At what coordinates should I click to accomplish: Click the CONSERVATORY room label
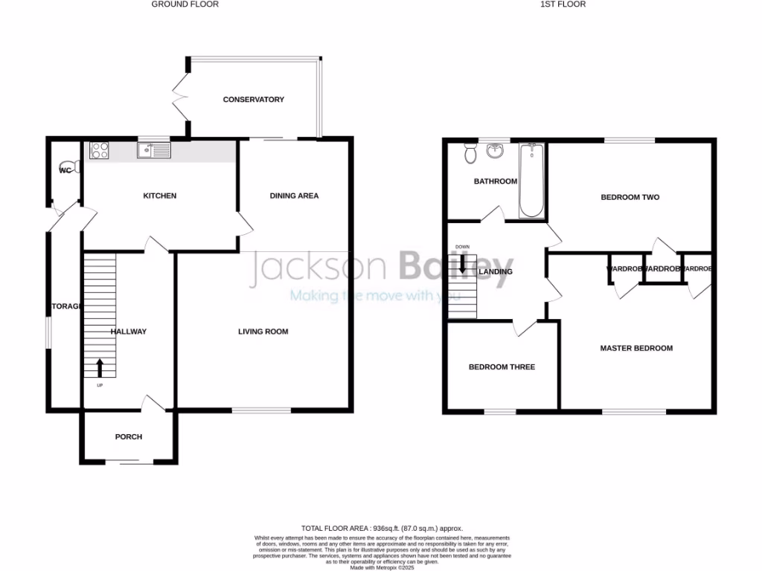coord(254,100)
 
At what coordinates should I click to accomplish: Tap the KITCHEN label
coord(160,196)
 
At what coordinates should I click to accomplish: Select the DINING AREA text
coord(294,196)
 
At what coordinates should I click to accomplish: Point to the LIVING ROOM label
coord(263,332)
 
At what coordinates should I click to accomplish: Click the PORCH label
coord(128,436)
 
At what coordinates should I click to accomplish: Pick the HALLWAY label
coord(129,332)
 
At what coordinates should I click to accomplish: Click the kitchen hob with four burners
coord(99,150)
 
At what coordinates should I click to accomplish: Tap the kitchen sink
coord(155,150)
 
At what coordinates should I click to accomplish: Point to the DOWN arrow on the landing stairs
coord(462,264)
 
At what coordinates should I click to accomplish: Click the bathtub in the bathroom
coord(531,180)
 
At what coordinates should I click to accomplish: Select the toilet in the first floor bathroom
coord(470,153)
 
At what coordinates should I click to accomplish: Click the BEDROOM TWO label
coord(630,198)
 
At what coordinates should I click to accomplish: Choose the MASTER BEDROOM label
coord(636,348)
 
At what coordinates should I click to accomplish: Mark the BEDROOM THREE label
coord(502,367)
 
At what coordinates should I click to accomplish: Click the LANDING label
coord(496,272)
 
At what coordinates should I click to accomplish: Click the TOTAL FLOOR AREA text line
coord(380,526)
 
